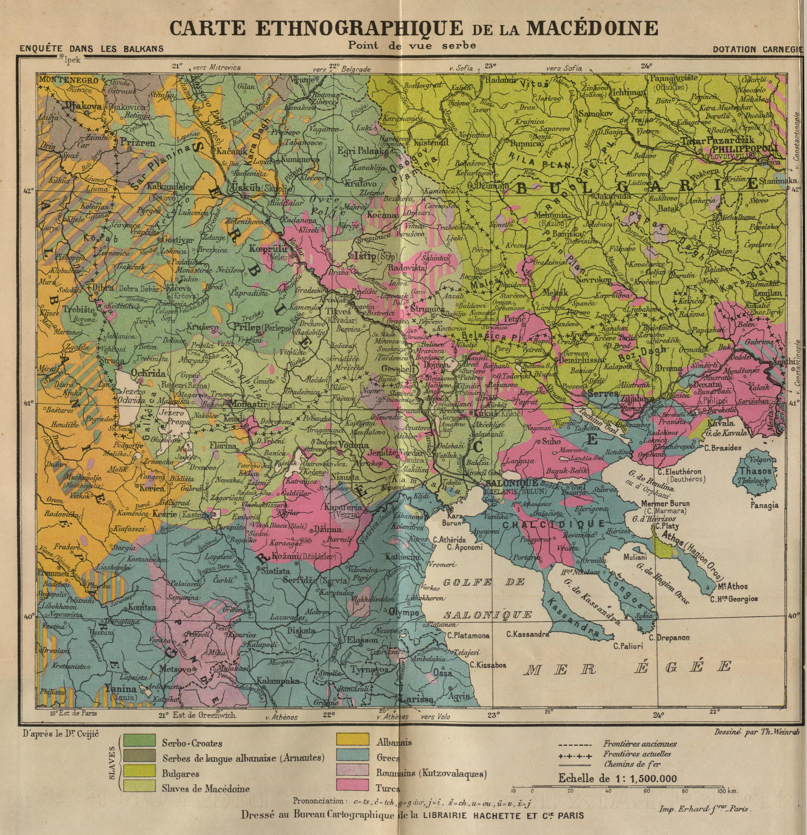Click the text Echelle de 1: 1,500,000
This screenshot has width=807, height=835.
617,778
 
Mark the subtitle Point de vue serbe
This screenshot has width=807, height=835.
412,45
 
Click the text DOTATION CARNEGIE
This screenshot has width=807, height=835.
759,49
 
